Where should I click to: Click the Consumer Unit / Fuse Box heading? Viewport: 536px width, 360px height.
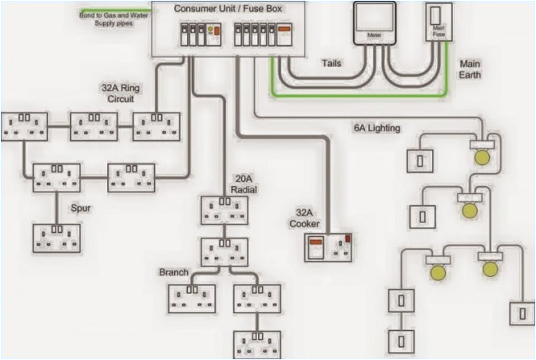click(x=228, y=9)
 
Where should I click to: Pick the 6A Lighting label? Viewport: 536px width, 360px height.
click(x=376, y=128)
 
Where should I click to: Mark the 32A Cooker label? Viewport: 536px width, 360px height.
click(x=307, y=217)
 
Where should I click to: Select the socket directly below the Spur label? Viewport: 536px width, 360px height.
click(x=56, y=238)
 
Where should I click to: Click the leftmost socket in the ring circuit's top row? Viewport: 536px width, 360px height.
click(x=24, y=126)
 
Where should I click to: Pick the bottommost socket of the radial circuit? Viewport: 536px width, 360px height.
click(x=257, y=341)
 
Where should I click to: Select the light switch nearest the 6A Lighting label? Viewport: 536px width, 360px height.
click(x=422, y=160)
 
